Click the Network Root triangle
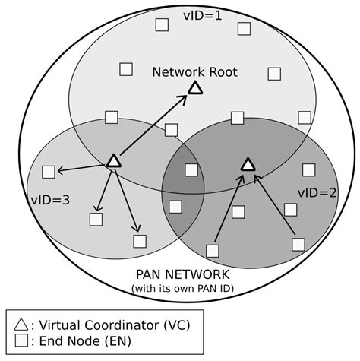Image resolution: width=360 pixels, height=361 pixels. [195, 89]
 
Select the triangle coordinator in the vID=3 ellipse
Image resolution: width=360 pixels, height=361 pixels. [113, 161]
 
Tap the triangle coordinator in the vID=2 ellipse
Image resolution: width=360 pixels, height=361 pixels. [248, 164]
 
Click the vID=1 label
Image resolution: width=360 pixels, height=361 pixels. [204, 14]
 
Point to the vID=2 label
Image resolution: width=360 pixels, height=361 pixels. [317, 192]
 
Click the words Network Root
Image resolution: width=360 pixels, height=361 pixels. [194, 72]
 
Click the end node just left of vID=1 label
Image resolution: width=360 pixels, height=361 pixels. [162, 24]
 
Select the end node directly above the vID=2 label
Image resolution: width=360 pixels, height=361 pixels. [308, 169]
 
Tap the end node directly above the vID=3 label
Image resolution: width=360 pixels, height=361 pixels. [49, 172]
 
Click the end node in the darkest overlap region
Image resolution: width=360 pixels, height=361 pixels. [191, 169]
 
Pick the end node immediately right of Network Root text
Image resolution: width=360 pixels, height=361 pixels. [274, 74]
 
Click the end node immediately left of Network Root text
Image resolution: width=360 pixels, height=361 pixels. [126, 69]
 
